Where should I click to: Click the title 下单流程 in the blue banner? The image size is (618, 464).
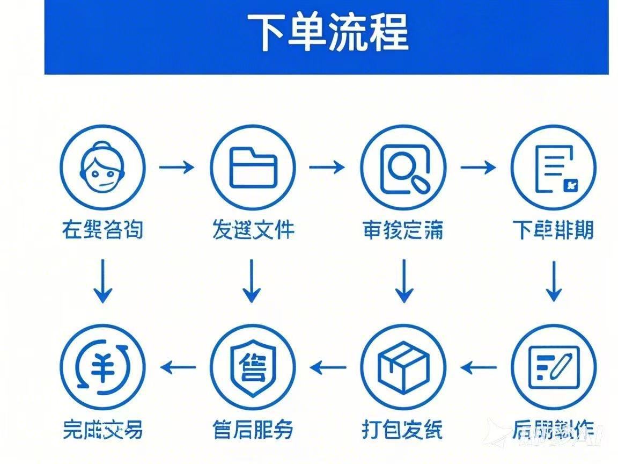(x=328, y=32)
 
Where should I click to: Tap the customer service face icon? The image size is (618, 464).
(x=102, y=167)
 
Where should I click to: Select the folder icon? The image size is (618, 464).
(x=253, y=167)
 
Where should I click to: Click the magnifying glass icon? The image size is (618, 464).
(x=403, y=167)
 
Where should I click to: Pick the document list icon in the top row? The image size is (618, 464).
(x=553, y=167)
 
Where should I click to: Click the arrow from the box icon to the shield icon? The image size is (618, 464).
(x=328, y=368)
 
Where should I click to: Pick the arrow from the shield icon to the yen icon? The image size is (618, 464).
(x=178, y=368)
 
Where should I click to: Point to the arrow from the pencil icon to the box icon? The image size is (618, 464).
(x=478, y=368)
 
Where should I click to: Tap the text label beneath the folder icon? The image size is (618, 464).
(x=253, y=230)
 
